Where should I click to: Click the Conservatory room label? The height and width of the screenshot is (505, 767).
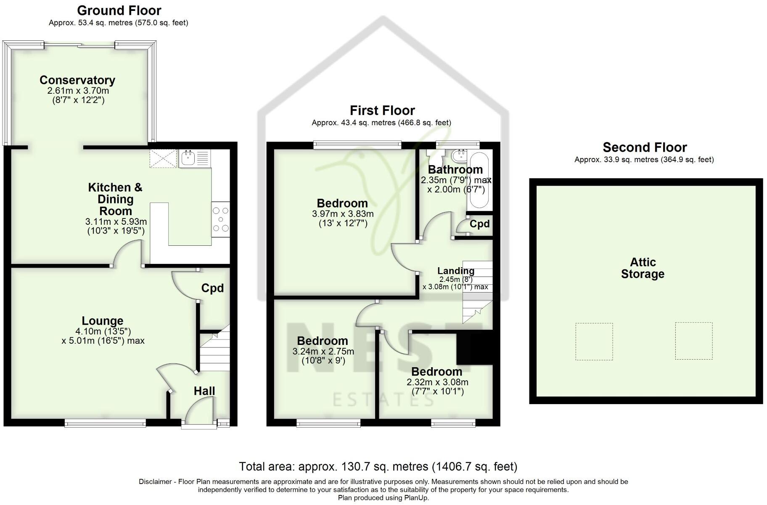point(77,80)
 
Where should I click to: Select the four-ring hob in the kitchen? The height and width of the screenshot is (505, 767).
point(221,219)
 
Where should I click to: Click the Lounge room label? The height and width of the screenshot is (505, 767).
point(102,321)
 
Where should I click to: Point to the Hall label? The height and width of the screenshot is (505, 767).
point(204,391)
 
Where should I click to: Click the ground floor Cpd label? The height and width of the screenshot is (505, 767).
point(212,288)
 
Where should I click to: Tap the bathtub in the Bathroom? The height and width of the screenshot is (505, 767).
point(478,181)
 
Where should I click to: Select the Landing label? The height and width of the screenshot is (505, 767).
point(456,271)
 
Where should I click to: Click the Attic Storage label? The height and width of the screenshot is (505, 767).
point(643,268)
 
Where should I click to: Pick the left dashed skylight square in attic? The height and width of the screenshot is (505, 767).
point(594,342)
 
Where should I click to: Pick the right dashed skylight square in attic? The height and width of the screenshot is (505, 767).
point(693,341)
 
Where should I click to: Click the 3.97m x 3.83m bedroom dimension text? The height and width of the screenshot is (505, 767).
point(343,214)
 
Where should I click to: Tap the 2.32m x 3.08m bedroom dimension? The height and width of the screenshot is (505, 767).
point(437,382)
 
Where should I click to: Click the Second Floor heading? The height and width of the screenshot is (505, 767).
point(644,147)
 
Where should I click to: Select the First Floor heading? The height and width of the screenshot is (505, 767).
point(382,110)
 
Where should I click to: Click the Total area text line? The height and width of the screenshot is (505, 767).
point(378,466)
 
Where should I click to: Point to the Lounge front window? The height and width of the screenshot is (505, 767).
point(105,423)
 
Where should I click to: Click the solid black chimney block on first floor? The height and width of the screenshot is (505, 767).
point(474,347)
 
